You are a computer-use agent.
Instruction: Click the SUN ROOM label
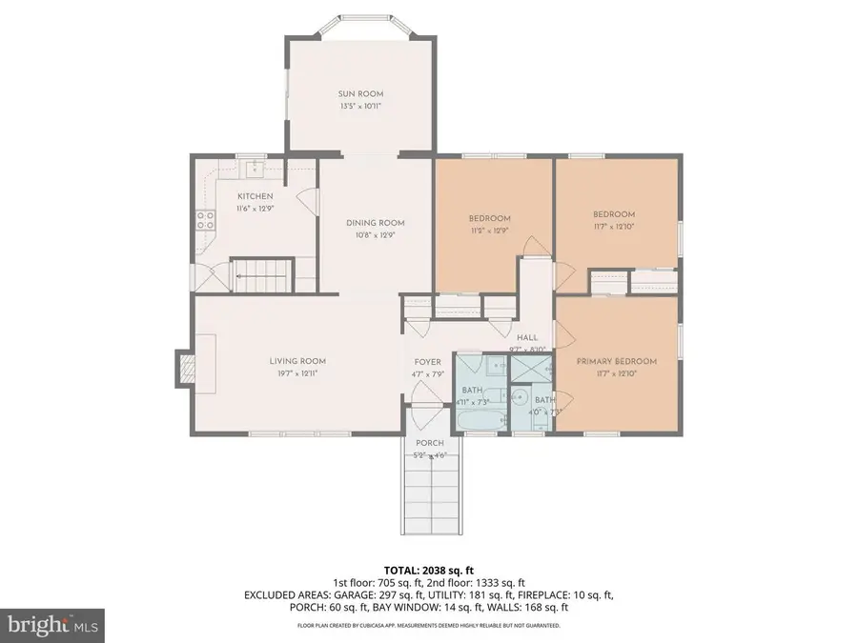coord(360,93)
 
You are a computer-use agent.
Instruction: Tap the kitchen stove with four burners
coord(205,221)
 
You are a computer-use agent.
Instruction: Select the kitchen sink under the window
coord(254,170)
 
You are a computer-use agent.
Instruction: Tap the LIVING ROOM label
coord(297,361)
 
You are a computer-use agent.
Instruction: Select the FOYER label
coord(426,362)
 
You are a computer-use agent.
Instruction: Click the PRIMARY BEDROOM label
coord(617,362)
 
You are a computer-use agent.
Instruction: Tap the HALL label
coord(527,338)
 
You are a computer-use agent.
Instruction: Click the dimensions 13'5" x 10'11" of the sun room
coord(360,106)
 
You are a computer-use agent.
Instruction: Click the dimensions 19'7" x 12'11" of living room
coord(297,373)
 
